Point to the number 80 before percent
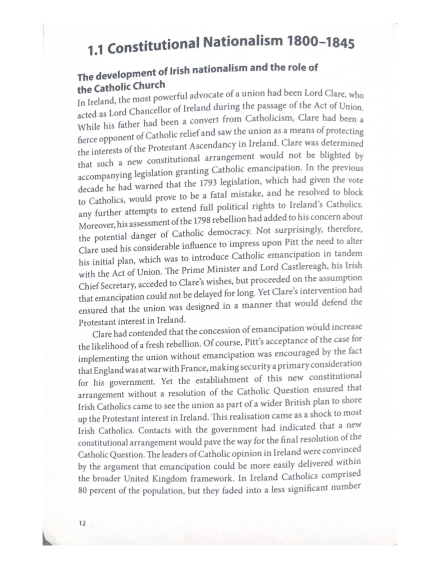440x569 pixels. pyautogui.click(x=82, y=491)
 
